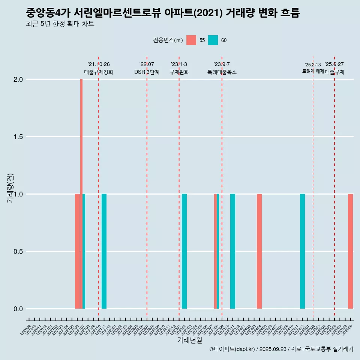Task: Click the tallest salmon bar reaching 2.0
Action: (x=81, y=150)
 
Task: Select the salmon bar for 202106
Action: (x=77, y=251)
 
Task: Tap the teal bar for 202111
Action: (x=104, y=251)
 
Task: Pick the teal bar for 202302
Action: (x=184, y=251)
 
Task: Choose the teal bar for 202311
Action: (x=232, y=251)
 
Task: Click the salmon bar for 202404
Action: (x=259, y=251)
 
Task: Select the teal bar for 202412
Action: (x=302, y=251)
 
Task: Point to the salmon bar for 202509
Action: (x=350, y=251)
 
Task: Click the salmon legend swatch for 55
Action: (x=191, y=40)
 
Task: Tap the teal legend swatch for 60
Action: (x=213, y=40)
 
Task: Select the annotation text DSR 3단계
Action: (x=147, y=72)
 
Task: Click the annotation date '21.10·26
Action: (x=99, y=64)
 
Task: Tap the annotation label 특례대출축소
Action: (x=222, y=72)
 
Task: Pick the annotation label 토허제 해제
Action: (x=313, y=71)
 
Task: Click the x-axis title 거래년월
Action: (x=189, y=340)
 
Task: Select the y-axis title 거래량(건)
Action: (x=10, y=188)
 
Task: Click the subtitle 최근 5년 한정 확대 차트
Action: (x=60, y=24)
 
